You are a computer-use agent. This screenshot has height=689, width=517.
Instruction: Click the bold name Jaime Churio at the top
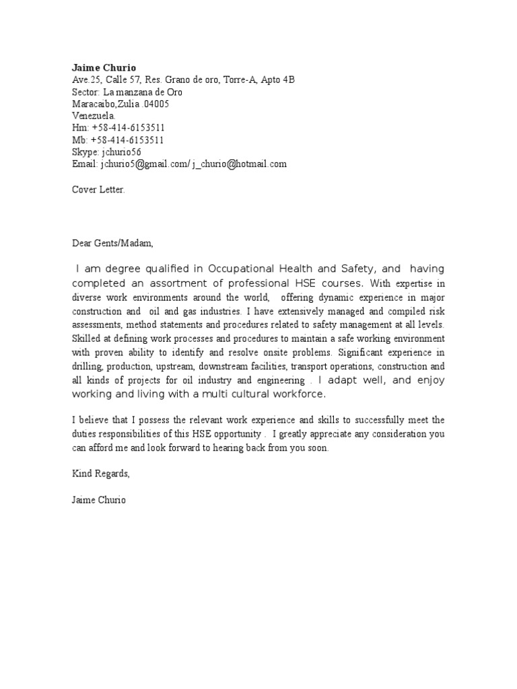pos(104,67)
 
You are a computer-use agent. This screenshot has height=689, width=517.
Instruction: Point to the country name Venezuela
pos(94,116)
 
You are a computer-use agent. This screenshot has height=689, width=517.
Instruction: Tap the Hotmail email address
pos(239,164)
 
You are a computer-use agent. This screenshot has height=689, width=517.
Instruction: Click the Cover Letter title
pos(98,189)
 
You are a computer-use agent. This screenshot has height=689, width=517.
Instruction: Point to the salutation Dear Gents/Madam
pos(113,242)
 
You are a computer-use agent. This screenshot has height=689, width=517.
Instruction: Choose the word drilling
pos(88,366)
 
